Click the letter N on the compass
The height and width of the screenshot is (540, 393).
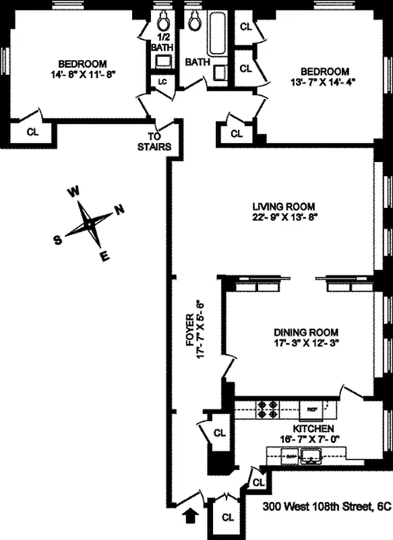(119, 209)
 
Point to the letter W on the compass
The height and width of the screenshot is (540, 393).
(73, 192)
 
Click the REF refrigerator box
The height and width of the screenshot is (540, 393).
(312, 408)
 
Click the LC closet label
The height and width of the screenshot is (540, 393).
(162, 81)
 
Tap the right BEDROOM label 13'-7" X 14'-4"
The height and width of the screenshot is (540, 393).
(324, 72)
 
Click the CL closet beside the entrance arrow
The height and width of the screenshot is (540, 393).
(228, 518)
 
